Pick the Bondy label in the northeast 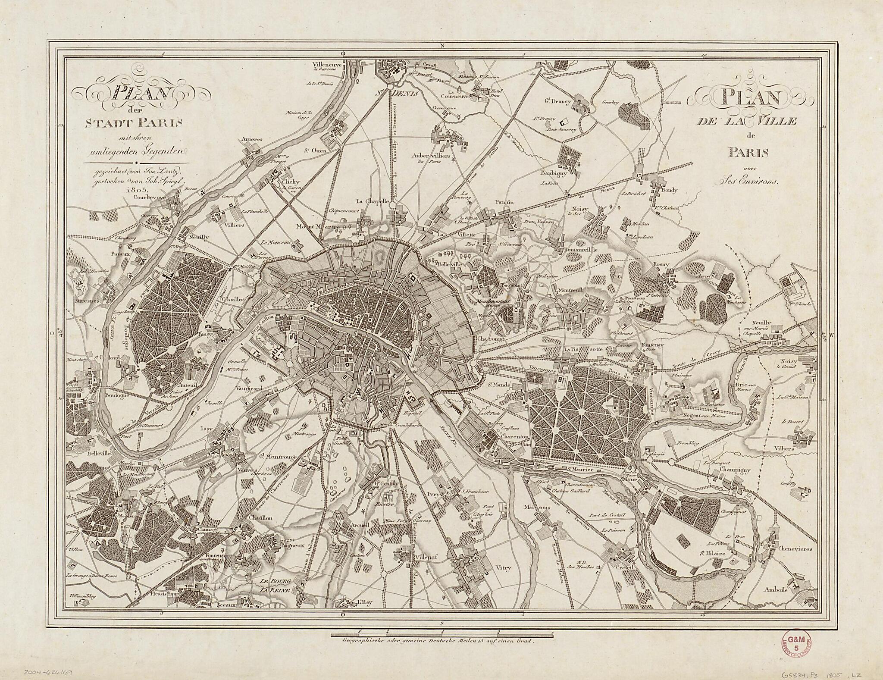coord(669,190)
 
